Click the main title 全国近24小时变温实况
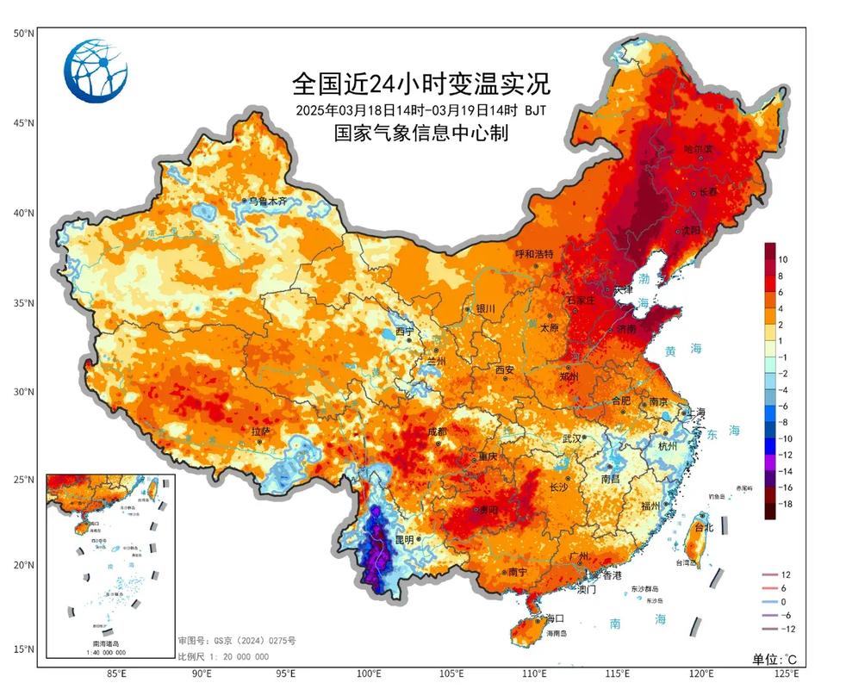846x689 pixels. coord(421,84)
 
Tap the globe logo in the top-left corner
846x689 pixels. coord(96,71)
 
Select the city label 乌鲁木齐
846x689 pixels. coord(266,201)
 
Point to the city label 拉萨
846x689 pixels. coord(261,431)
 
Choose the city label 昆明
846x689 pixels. coord(405,539)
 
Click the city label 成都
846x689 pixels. coord(438,431)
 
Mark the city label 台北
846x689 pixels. coord(704,527)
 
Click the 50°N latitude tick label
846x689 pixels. coord(23,33)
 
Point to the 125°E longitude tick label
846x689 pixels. coord(785,673)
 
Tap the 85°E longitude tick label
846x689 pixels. coord(117,673)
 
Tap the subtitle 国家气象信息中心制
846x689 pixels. coord(421,133)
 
